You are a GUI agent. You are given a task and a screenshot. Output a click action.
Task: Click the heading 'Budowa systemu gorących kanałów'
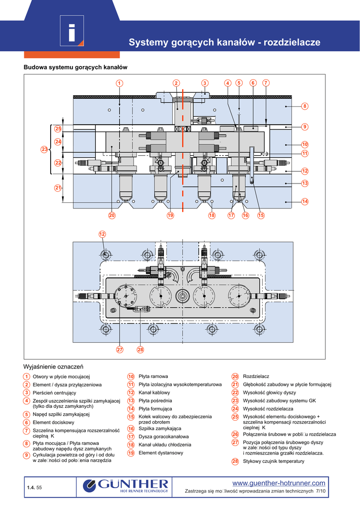click(x=76, y=67)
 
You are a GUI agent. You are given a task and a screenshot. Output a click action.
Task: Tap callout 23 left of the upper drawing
click(x=45, y=149)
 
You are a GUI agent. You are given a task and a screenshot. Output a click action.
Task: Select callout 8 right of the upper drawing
click(x=305, y=106)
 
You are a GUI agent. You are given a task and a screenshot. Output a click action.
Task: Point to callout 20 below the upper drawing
click(x=112, y=215)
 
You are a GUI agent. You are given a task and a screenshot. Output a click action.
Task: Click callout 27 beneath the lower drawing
click(x=120, y=350)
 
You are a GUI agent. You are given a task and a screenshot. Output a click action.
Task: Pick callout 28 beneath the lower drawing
click(x=140, y=350)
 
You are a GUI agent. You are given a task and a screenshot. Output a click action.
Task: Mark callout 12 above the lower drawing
click(x=102, y=234)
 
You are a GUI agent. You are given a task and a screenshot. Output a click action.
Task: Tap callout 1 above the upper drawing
click(x=120, y=83)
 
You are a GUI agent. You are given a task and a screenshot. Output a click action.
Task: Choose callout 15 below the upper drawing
click(x=261, y=215)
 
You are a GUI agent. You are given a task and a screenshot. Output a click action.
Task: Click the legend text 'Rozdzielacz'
click(x=256, y=377)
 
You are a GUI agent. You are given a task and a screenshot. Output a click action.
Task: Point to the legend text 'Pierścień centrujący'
click(x=54, y=392)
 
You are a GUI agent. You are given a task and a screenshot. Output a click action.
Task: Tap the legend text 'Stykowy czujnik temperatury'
click(x=274, y=461)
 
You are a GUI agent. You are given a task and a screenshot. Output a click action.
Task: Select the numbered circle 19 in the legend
click(x=131, y=453)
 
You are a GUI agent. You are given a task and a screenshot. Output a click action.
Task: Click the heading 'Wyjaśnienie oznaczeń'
click(x=53, y=367)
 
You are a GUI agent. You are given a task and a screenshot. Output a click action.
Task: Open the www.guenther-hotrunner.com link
click(x=279, y=483)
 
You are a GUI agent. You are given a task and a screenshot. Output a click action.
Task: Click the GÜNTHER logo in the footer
click(x=126, y=485)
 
